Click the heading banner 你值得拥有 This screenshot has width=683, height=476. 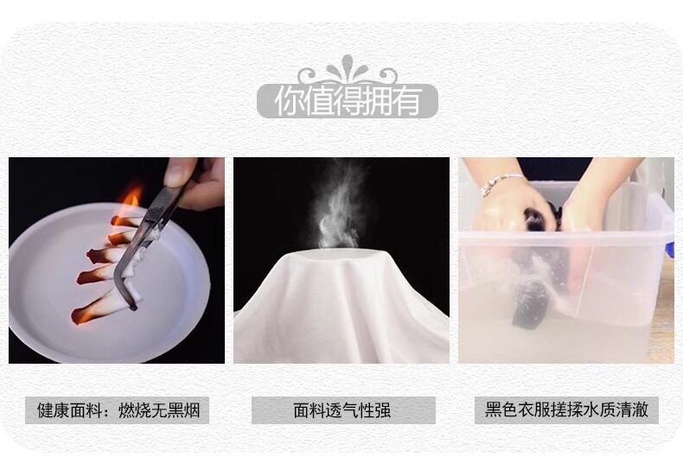click(348, 101)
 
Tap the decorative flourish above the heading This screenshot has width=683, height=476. click(348, 70)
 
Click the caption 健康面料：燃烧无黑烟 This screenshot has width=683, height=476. click(118, 409)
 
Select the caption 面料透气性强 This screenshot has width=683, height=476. click(343, 409)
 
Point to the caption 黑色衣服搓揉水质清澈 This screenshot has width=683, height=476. click(566, 409)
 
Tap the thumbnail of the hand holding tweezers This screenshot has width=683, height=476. click(117, 260)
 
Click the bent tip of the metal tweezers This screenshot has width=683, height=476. click(132, 307)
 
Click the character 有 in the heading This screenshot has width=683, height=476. click(406, 101)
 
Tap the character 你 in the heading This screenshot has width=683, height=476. click(289, 101)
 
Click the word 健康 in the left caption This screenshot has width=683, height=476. click(54, 409)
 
